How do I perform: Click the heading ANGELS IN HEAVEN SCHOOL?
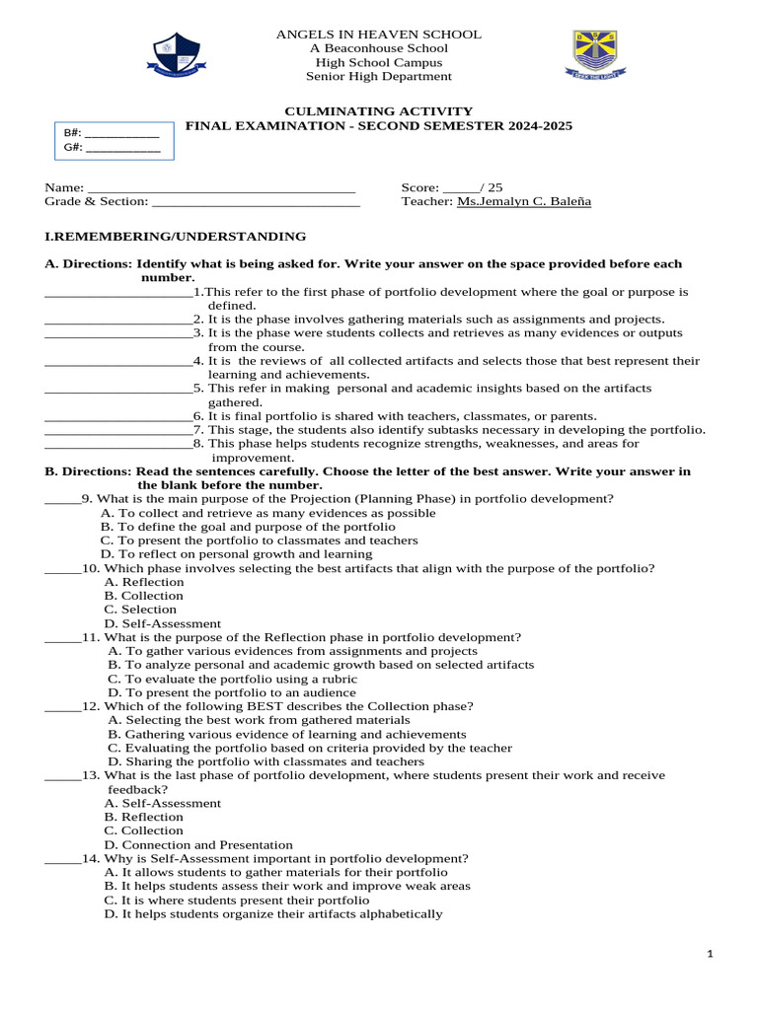coord(379,35)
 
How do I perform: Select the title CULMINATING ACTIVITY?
coord(379,111)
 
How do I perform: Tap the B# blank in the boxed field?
coord(123,133)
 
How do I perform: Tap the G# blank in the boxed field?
coord(123,149)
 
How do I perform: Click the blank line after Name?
coord(222,187)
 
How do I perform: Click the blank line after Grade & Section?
coord(257,201)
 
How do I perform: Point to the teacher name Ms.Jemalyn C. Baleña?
coord(524,201)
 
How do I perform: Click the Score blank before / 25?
coord(460,187)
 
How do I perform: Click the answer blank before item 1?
coord(118,293)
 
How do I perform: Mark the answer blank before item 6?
coord(118,417)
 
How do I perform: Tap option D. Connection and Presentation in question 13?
coord(198,844)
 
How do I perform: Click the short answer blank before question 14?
coord(61,859)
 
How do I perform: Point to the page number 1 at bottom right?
coord(710,955)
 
